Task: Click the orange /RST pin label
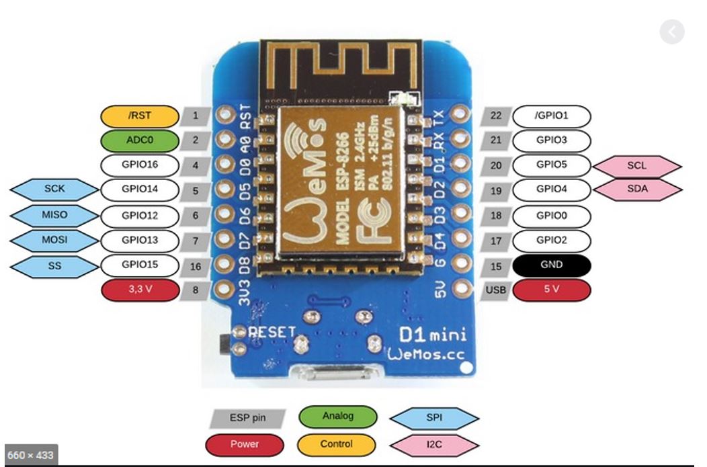(x=140, y=116)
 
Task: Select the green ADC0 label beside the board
(x=140, y=140)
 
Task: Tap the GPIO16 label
(x=140, y=165)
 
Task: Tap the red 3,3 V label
(x=140, y=290)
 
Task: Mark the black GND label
(x=552, y=265)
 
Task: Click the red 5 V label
(x=552, y=290)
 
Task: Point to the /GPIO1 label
(x=552, y=116)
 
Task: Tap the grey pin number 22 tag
(x=496, y=116)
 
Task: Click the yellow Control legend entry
(x=337, y=443)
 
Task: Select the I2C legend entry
(x=434, y=443)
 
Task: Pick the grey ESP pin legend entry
(x=247, y=418)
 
